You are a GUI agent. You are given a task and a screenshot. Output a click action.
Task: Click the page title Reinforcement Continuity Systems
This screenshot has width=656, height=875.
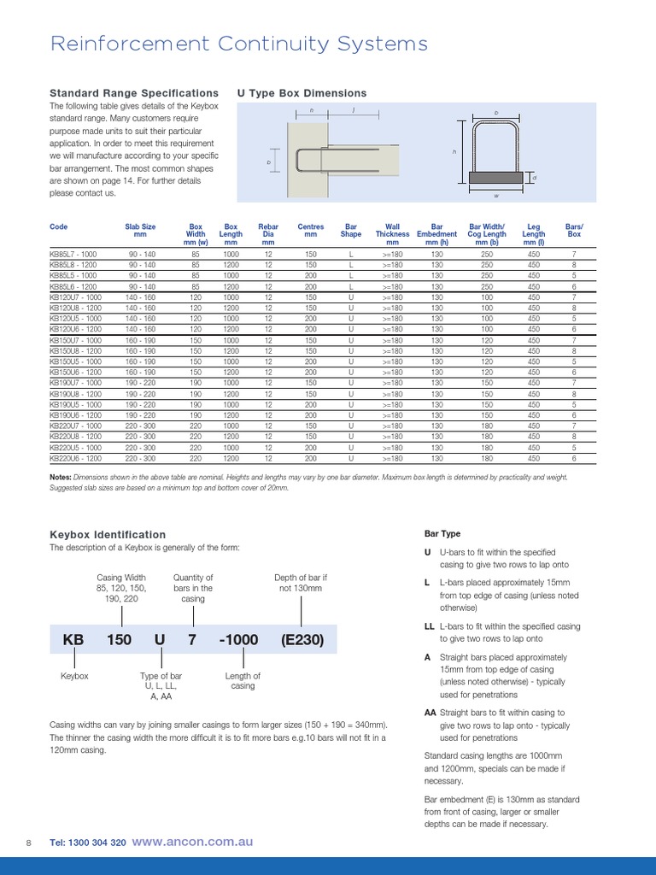239,44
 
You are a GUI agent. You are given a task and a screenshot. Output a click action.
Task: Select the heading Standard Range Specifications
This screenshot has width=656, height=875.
134,93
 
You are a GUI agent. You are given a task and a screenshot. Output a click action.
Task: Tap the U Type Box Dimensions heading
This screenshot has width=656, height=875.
302,93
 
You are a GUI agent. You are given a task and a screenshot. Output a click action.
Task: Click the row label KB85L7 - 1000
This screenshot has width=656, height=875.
73,255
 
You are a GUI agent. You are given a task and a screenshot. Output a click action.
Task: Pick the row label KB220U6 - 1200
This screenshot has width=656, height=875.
75,458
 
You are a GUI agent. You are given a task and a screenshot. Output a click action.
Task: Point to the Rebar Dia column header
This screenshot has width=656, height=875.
268,233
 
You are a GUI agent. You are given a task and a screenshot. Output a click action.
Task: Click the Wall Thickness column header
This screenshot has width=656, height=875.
393,233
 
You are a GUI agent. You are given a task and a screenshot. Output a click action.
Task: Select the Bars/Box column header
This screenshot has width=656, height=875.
574,231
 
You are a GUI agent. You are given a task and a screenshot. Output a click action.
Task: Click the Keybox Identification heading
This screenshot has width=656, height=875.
108,534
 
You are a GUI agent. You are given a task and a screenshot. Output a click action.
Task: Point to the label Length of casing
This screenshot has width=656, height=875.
243,681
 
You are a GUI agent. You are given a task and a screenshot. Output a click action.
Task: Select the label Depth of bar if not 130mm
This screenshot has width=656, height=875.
301,584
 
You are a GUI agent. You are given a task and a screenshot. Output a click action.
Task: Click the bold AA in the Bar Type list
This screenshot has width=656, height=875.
430,712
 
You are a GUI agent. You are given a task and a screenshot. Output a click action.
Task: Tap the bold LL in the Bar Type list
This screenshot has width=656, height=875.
430,626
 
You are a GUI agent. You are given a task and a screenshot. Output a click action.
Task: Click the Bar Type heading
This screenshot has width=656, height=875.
442,534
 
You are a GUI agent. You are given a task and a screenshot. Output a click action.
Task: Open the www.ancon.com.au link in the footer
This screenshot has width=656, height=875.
192,842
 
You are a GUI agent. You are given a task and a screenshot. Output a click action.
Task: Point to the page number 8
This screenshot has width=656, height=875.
29,843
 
